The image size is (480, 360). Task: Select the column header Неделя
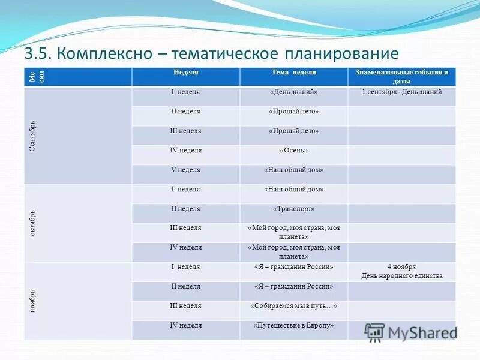[185, 72]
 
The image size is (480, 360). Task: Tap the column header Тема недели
[293, 72]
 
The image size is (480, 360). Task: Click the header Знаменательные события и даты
[401, 76]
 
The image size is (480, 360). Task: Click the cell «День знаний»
[293, 92]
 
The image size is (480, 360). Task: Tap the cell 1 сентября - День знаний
[401, 92]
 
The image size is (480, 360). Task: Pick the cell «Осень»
[293, 150]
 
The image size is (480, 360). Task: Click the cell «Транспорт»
[293, 209]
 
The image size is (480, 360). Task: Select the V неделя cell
[185, 170]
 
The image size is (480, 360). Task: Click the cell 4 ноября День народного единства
[401, 271]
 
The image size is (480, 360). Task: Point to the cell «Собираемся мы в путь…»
[293, 306]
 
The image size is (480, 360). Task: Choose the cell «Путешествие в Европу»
[293, 325]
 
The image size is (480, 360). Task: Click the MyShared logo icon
[374, 332]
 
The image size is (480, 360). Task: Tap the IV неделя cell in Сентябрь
[185, 150]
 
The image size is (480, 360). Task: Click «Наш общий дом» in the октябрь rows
[293, 190]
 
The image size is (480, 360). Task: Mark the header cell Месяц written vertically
[36, 76]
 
